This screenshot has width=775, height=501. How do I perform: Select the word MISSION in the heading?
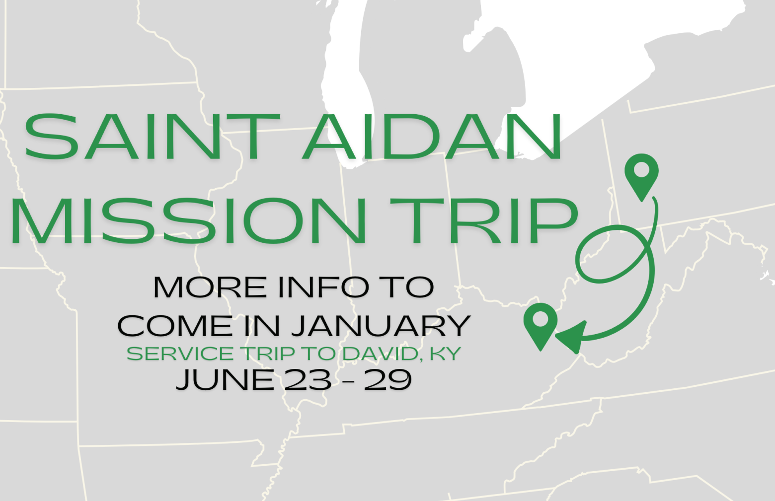[189, 220]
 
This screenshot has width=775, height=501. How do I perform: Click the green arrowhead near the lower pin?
[572, 337]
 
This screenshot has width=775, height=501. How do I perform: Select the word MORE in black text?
[211, 287]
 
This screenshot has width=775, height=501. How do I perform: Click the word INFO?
[323, 287]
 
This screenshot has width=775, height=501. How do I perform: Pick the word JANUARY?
[380, 325]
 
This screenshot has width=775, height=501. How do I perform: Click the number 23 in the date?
[307, 380]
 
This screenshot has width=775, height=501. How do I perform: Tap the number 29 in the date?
[387, 380]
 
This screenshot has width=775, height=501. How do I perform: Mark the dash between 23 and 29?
[347, 381]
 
